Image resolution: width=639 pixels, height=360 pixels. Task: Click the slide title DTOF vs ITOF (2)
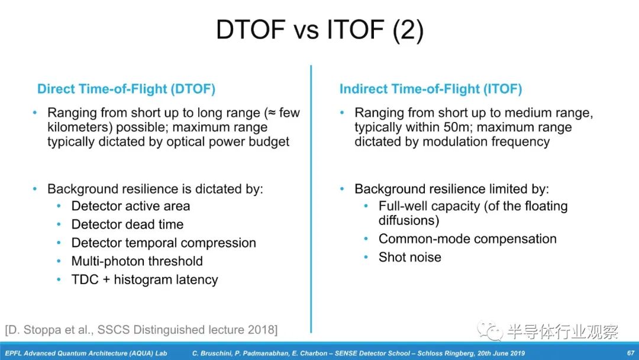[x=319, y=30]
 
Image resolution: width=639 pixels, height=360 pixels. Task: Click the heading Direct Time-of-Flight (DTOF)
[x=127, y=89]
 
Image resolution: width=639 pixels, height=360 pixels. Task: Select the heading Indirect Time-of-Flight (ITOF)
[x=431, y=89]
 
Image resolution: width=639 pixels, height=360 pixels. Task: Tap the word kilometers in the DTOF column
[x=79, y=127]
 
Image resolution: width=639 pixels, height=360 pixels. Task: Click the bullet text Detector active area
[x=130, y=206]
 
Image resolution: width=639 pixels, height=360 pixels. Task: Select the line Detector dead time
[x=127, y=224]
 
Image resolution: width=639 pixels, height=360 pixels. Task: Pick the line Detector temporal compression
[x=163, y=243]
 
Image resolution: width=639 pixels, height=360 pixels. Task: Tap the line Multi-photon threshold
[x=137, y=261]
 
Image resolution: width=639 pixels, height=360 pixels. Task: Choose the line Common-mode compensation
[x=467, y=239]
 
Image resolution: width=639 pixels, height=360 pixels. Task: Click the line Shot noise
[x=409, y=257]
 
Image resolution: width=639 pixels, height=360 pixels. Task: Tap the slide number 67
[x=631, y=353]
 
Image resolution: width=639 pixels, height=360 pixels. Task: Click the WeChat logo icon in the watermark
[x=490, y=330]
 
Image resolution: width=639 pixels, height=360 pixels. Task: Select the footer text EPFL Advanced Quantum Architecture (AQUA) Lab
[x=86, y=353]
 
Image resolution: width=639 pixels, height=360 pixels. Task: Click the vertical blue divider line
[x=311, y=199]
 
